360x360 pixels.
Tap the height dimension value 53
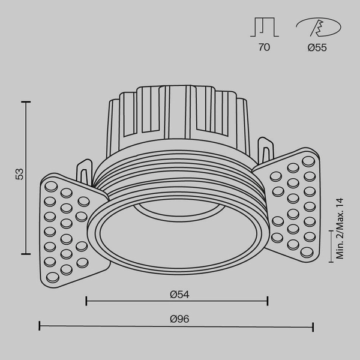(20, 175)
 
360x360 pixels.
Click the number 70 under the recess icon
(264, 48)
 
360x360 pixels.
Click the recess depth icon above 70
(264, 28)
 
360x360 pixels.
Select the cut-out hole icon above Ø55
(317, 28)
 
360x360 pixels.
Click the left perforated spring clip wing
(66, 228)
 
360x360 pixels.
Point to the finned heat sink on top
(178, 114)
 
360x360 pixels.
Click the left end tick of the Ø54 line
(86, 301)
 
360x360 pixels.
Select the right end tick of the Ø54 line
(268, 301)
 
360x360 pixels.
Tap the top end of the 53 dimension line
(26, 103)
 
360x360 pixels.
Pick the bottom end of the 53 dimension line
(26, 254)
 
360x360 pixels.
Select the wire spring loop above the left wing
(85, 170)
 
